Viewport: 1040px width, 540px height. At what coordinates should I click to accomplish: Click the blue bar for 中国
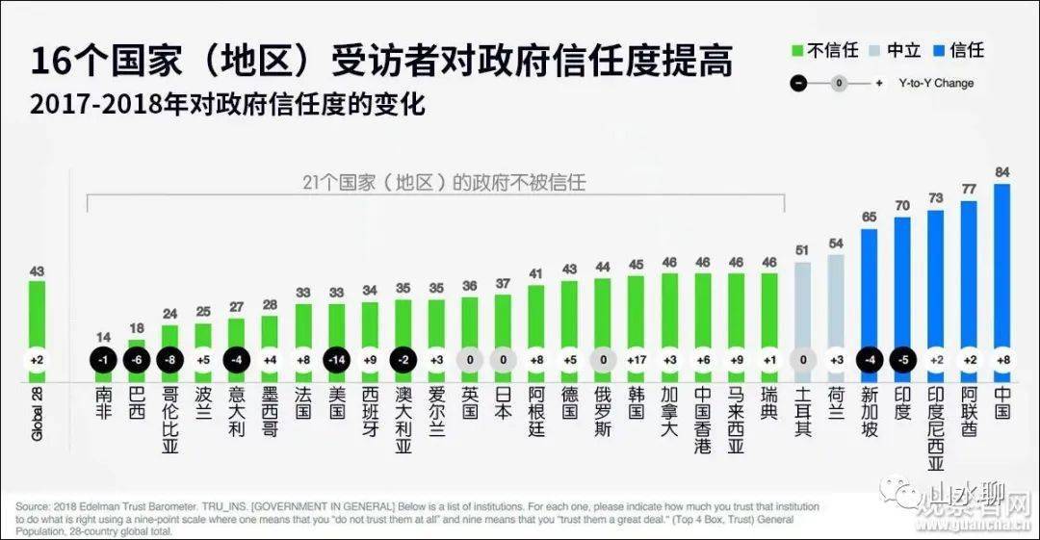click(1001, 270)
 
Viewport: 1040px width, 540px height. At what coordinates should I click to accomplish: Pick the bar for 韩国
click(636, 322)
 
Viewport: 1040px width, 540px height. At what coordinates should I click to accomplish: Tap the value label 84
click(1001, 173)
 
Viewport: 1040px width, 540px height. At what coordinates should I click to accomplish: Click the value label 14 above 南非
click(104, 337)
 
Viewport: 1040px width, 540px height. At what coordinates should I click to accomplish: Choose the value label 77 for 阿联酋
click(969, 190)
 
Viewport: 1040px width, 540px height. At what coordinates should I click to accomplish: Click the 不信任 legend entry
click(823, 50)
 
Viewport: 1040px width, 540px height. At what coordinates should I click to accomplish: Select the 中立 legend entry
click(895, 50)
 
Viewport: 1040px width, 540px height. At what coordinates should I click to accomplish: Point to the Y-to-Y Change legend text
click(937, 83)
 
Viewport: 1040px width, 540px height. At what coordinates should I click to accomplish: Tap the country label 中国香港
click(703, 421)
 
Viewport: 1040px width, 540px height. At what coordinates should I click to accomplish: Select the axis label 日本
click(503, 403)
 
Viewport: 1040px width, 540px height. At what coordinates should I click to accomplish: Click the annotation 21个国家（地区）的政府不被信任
click(439, 182)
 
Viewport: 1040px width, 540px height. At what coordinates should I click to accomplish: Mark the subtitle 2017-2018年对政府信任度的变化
click(227, 103)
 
